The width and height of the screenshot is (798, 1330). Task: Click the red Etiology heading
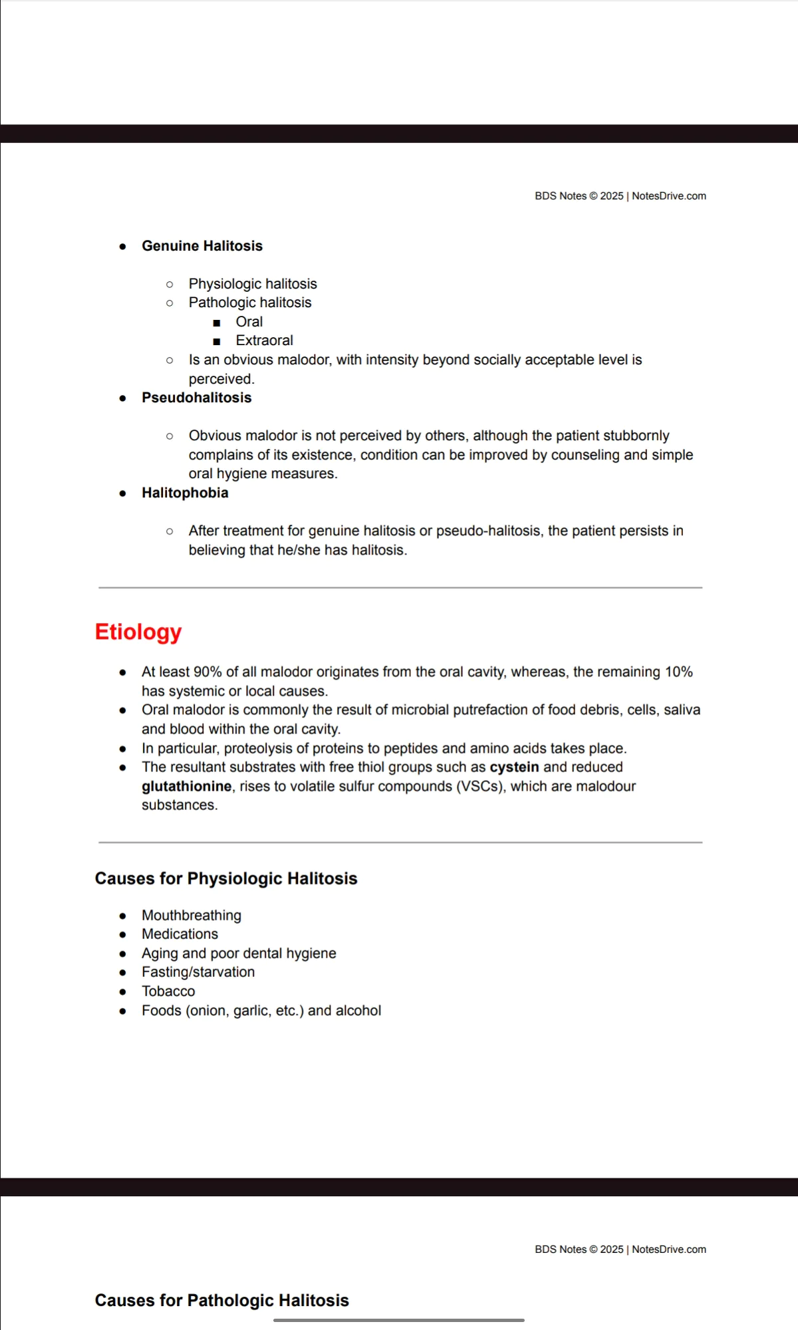(x=138, y=632)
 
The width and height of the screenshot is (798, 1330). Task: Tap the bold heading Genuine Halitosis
(x=202, y=246)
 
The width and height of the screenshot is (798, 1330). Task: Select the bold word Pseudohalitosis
(x=197, y=398)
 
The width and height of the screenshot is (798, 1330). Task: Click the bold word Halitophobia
(x=185, y=493)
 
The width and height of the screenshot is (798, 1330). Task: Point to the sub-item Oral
(x=249, y=322)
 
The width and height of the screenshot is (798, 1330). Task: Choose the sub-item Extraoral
(x=264, y=340)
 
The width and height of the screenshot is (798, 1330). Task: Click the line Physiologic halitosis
(x=253, y=284)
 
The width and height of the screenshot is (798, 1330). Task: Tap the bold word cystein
(x=514, y=767)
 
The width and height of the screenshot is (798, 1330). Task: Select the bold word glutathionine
(x=187, y=786)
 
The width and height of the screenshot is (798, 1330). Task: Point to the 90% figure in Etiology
(x=207, y=672)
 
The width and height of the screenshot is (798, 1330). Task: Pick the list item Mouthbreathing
(x=192, y=915)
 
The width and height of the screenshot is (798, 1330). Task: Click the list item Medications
(x=180, y=934)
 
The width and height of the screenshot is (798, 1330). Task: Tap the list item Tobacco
(x=168, y=992)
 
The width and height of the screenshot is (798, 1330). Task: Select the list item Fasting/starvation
(x=198, y=972)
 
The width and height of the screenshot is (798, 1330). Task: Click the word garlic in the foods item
(x=252, y=1011)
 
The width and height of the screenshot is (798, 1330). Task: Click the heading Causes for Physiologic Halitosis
(x=226, y=878)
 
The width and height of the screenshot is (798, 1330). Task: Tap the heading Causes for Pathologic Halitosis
(x=221, y=1300)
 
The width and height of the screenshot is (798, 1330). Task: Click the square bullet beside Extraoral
(x=217, y=341)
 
